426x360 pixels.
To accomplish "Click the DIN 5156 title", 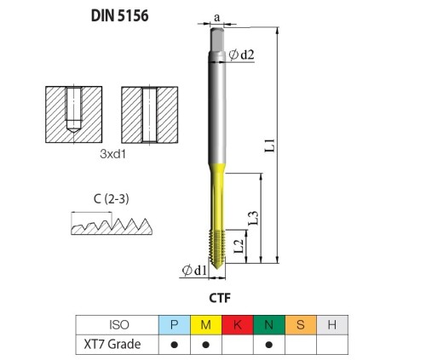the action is (119, 15).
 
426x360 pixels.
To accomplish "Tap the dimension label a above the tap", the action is (217, 18).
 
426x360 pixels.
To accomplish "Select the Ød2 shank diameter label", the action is (241, 54).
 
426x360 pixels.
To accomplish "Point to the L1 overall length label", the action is (270, 146).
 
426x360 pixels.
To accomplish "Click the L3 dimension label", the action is (253, 218).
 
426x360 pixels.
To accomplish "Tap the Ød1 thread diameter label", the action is (194, 270).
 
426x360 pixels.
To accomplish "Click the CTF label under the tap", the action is (220, 298).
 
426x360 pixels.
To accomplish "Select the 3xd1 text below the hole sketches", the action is (112, 154).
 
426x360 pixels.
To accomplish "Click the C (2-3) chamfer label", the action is (111, 199).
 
